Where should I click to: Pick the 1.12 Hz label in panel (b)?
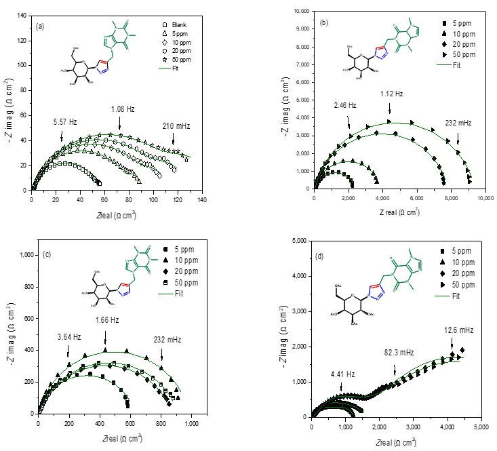click(x=392, y=94)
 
